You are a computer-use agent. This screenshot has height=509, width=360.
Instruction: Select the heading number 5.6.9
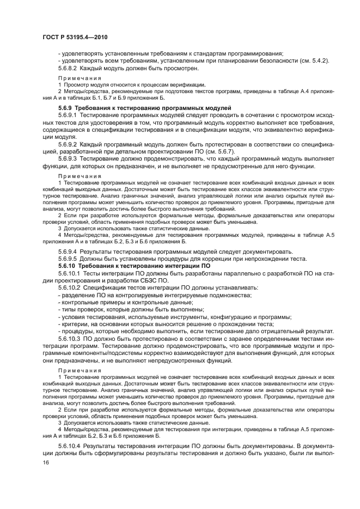tap(66, 109)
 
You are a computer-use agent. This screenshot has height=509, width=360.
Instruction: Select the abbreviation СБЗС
tap(145, 280)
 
